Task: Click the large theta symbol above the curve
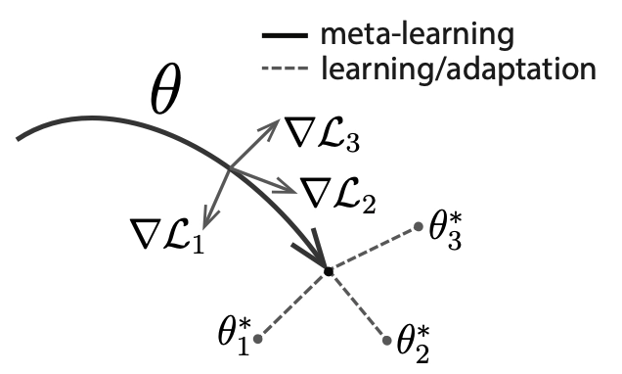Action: (166, 89)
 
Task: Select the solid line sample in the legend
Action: (285, 35)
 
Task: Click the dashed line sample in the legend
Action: (285, 69)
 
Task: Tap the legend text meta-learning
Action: (417, 34)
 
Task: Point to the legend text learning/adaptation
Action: (458, 70)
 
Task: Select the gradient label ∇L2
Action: (337, 196)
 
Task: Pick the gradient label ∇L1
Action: (166, 234)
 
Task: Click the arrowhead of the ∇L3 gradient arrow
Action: (273, 125)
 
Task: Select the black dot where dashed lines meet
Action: (329, 271)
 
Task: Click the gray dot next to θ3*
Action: (419, 227)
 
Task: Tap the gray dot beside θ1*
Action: (258, 339)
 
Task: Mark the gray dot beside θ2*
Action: (387, 341)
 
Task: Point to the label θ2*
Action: (414, 344)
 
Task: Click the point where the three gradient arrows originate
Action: (230, 169)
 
